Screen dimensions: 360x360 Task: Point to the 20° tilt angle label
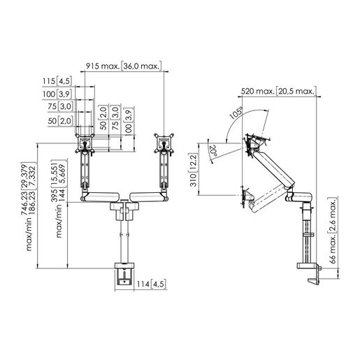pos(214,149)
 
